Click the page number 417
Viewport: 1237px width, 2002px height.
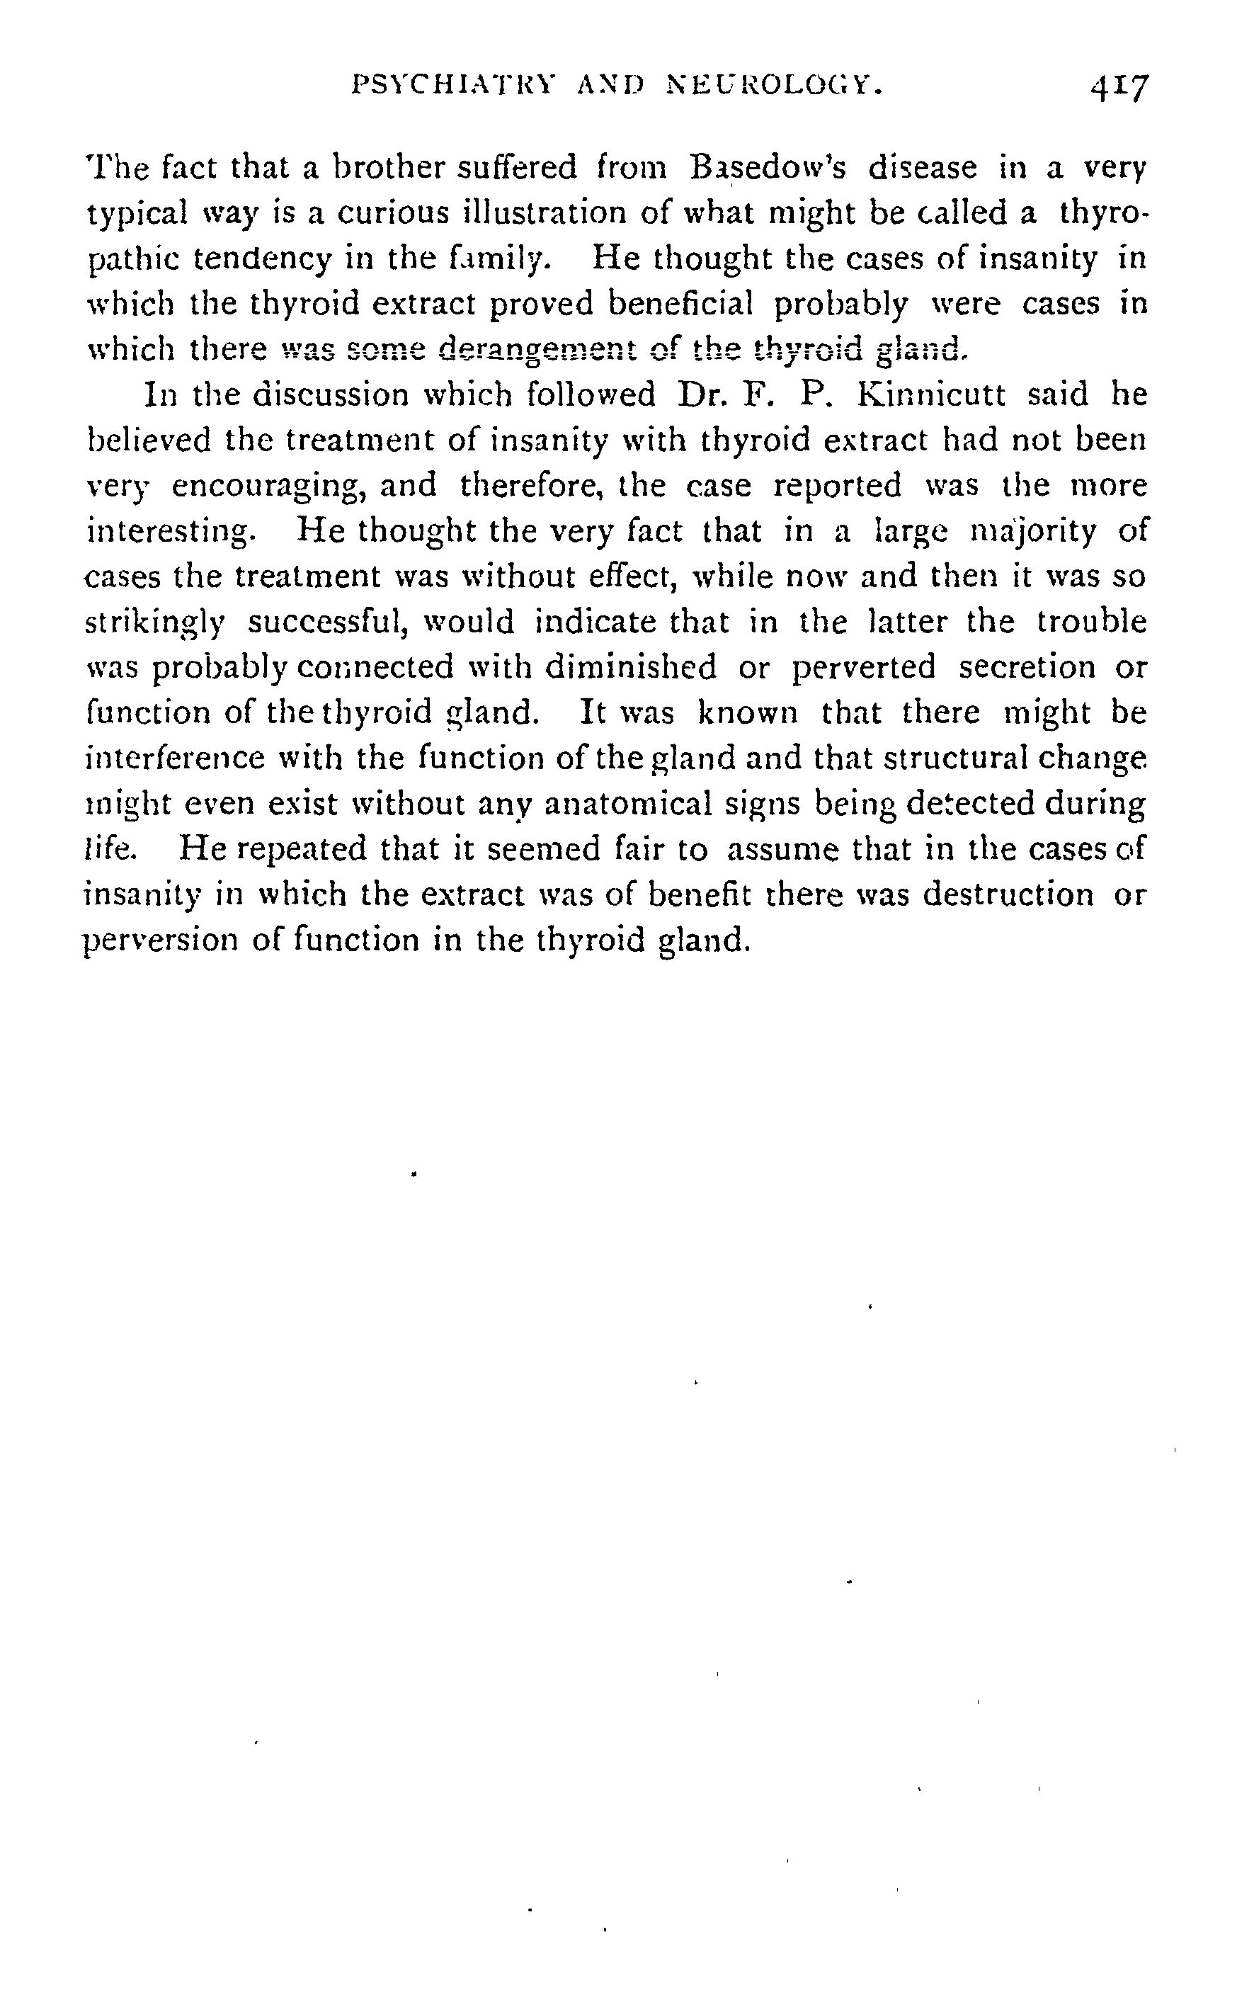point(1118,86)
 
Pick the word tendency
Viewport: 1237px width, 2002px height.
point(263,259)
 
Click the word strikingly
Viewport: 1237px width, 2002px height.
point(154,622)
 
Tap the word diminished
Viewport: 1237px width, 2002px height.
point(630,668)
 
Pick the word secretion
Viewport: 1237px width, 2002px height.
point(1027,668)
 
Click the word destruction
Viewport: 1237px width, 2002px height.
point(1008,895)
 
